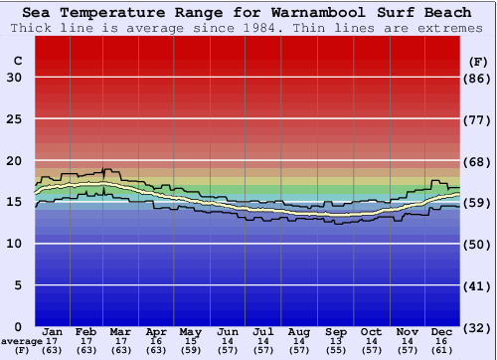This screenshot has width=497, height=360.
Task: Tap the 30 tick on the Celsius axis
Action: (x=14, y=78)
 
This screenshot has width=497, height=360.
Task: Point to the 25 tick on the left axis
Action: (x=14, y=119)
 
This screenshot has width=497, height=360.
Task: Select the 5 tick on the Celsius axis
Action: (x=18, y=285)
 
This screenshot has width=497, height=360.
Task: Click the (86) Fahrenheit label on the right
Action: (x=478, y=78)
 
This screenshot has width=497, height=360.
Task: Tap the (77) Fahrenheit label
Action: (x=478, y=119)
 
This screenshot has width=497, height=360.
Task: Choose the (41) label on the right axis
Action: (x=478, y=285)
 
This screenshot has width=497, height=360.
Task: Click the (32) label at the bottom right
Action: (x=478, y=327)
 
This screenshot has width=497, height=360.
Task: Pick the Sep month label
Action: (x=336, y=331)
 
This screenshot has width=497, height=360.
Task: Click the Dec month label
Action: (x=441, y=331)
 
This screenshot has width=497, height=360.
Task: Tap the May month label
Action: (x=189, y=331)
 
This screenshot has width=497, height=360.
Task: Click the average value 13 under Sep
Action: (x=336, y=340)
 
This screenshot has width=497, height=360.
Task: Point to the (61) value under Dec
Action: (x=441, y=350)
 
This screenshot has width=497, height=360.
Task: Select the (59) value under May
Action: (x=189, y=350)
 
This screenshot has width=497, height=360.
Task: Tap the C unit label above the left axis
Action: (x=17, y=61)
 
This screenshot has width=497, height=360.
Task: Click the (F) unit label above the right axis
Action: (x=478, y=61)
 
